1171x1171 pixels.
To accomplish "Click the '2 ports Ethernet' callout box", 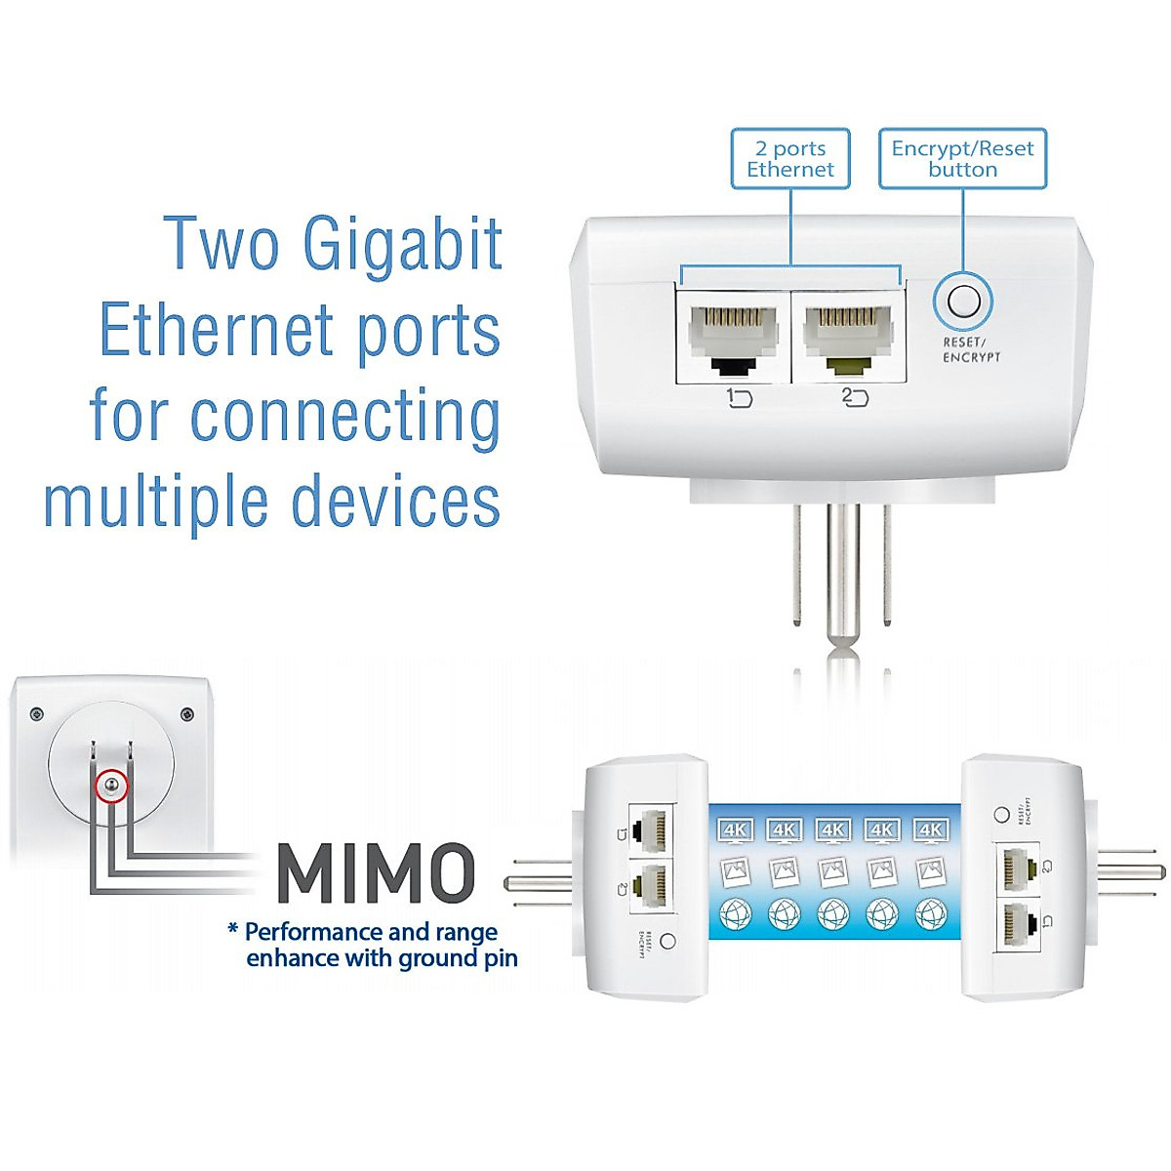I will coord(790,159).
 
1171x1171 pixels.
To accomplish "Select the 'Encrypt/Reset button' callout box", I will coord(962,159).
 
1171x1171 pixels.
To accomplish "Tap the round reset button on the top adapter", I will coord(963,301).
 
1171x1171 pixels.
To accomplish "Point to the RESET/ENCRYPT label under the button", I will coord(970,350).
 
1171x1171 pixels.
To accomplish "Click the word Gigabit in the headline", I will coord(403,244).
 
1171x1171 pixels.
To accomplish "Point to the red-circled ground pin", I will coord(111,786).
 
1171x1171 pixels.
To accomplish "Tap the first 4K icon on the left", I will coord(735,830).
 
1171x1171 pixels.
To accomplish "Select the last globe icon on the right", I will coord(930,914).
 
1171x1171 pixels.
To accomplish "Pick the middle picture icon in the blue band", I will coord(832,871).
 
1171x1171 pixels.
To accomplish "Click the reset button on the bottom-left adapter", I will coord(667,941).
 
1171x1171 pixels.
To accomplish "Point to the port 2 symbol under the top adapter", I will coord(854,397).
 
